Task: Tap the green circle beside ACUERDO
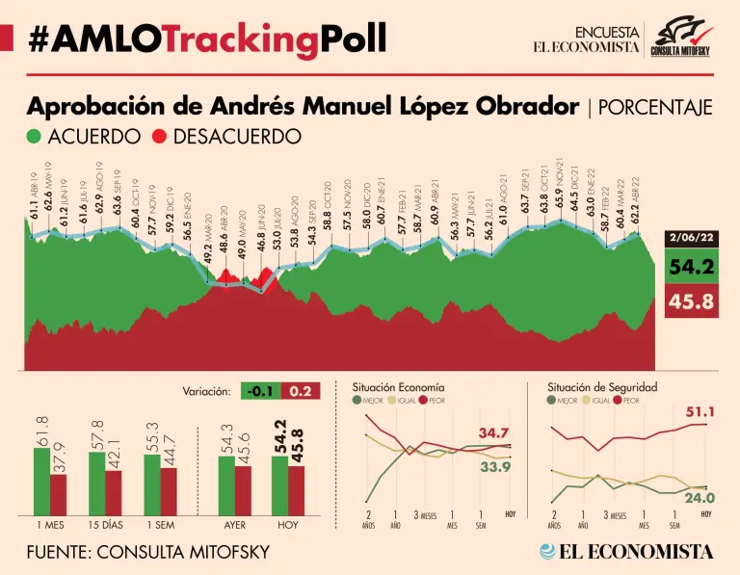click(x=36, y=136)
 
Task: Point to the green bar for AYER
click(x=225, y=486)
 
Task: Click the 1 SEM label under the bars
click(x=160, y=526)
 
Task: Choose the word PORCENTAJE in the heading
click(x=655, y=107)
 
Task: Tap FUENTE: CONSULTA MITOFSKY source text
click(x=147, y=552)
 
